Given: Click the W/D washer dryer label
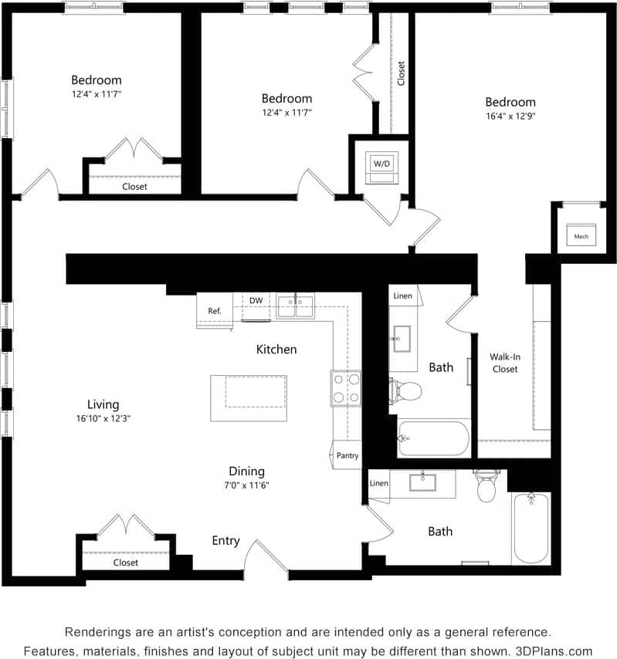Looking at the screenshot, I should point(381,164).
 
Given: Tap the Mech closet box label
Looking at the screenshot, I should point(581,236).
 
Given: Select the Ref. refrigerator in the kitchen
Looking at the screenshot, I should point(215,311).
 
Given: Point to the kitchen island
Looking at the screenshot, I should point(249,398).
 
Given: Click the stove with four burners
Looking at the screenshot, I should point(346,388).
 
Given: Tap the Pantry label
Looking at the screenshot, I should point(347,455).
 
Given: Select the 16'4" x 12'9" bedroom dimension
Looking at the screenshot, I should point(510,117).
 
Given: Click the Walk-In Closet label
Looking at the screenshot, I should point(503,363).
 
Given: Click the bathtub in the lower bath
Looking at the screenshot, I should point(531,528).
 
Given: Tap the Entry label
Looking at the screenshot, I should point(225,541).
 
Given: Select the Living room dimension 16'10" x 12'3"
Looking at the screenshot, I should point(103,419).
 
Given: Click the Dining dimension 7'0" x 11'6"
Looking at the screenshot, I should point(247,485).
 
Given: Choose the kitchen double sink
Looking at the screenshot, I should point(295,306).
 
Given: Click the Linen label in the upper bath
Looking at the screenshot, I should point(402,296).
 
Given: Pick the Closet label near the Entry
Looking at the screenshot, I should point(125,563).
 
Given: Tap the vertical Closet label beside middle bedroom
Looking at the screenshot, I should point(401,73).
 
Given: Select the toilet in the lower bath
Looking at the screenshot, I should point(486,486).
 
